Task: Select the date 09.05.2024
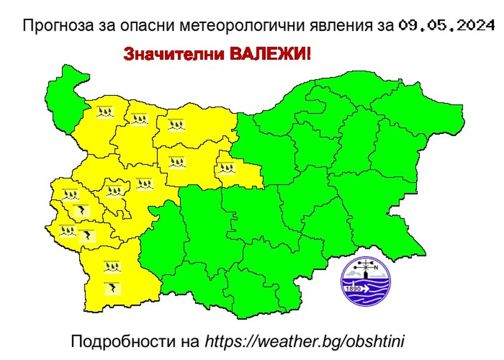tap(447, 25)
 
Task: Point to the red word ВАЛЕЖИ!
tap(271, 53)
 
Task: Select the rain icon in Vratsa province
tap(139, 119)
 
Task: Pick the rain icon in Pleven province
tap(176, 124)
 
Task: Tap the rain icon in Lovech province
tap(177, 163)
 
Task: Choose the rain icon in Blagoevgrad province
tap(112, 266)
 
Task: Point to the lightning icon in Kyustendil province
tap(87, 235)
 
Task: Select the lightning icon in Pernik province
tap(80, 210)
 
